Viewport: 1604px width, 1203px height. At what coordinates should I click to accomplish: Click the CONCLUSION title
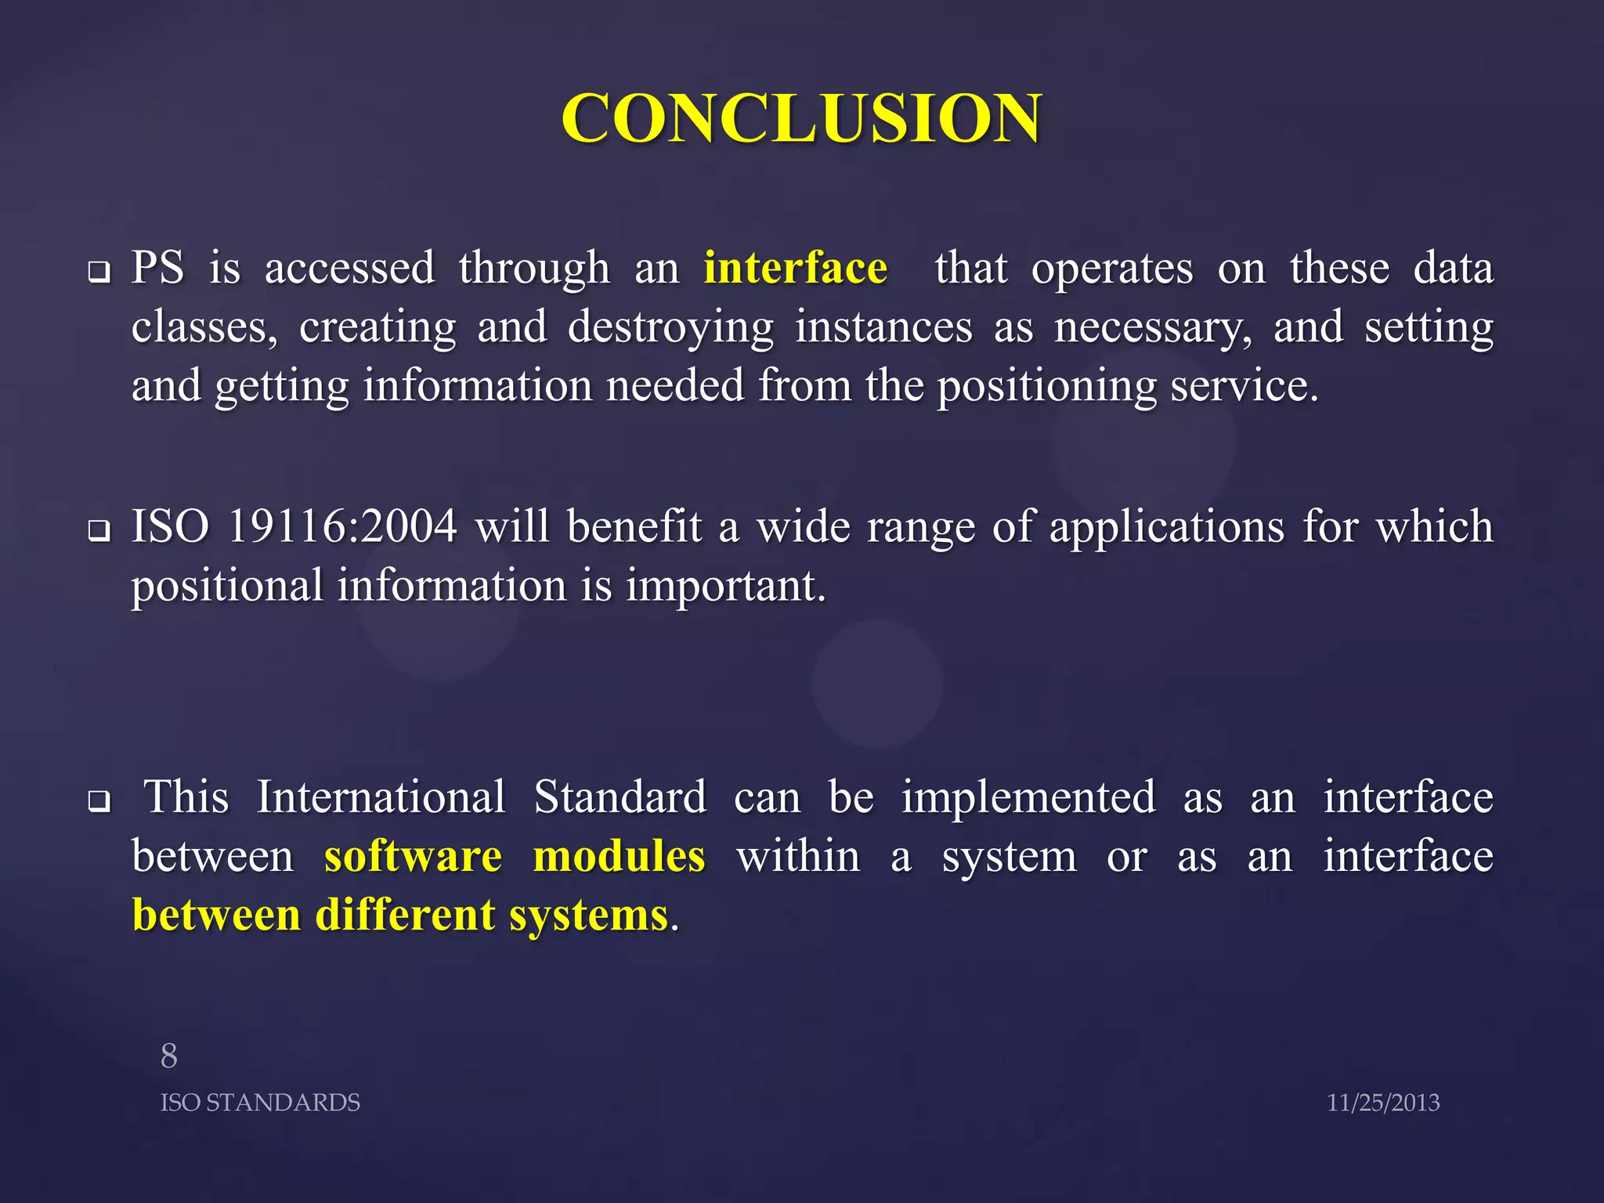(x=801, y=118)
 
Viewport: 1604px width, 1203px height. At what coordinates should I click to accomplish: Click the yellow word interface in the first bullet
(x=795, y=269)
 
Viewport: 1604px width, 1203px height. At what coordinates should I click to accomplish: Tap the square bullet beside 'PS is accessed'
(x=99, y=273)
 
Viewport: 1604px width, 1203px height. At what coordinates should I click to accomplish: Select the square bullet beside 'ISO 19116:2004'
(x=99, y=532)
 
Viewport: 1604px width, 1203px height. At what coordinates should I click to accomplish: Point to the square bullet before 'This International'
(x=99, y=802)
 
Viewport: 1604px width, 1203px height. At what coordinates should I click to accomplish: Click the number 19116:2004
(x=342, y=526)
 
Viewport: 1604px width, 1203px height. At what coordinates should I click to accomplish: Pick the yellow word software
(x=413, y=856)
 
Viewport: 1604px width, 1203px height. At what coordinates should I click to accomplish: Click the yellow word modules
(x=619, y=856)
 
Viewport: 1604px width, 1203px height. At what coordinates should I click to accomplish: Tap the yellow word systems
(x=588, y=916)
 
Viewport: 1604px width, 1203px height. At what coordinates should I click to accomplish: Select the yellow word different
(x=405, y=916)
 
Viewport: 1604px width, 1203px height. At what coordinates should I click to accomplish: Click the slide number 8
(x=169, y=1057)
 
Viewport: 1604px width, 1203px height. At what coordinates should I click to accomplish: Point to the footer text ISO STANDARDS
(x=260, y=1103)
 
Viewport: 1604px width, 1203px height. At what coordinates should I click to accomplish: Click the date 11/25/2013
(x=1382, y=1103)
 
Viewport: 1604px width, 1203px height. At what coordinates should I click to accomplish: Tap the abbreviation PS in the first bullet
(x=157, y=269)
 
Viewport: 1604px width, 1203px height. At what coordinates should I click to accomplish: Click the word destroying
(x=670, y=328)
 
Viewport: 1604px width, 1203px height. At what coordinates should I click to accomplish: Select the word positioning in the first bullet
(x=1046, y=387)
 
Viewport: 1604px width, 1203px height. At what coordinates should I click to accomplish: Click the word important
(x=724, y=587)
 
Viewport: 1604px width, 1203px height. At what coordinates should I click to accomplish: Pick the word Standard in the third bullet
(x=620, y=797)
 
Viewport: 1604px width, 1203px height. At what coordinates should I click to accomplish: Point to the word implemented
(x=1028, y=797)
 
